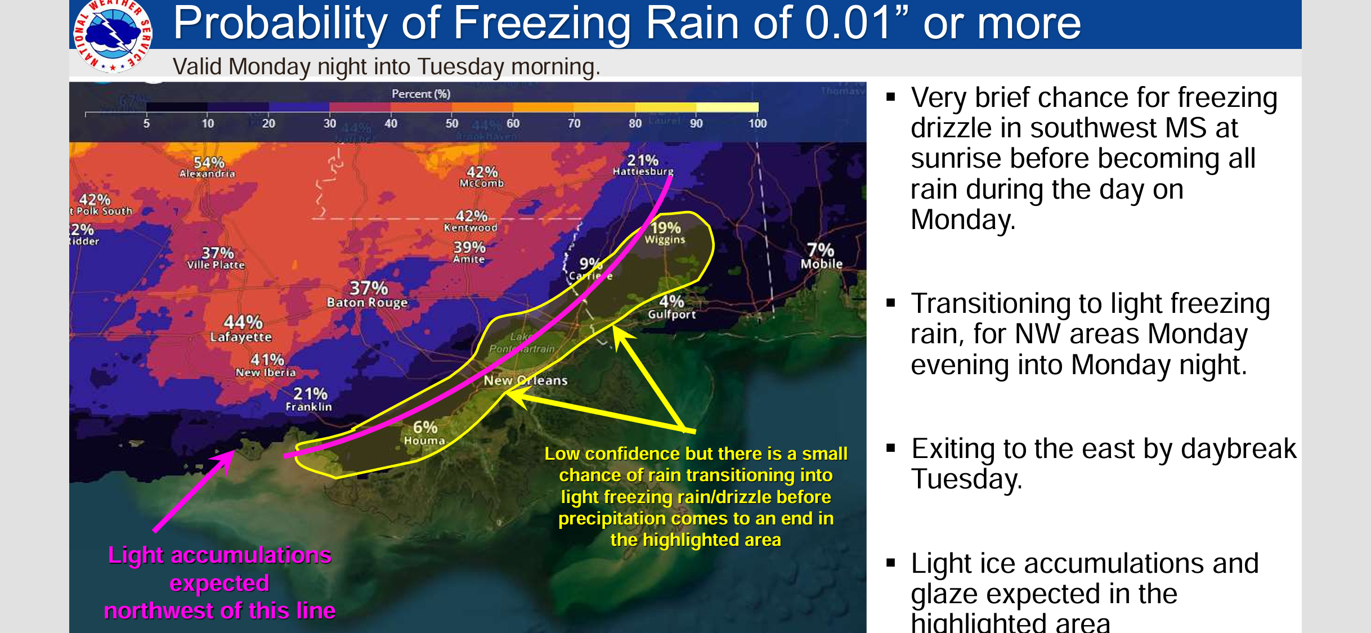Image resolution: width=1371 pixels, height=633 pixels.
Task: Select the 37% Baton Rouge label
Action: coord(368,295)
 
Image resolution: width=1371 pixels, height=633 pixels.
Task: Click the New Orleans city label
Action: coord(526,380)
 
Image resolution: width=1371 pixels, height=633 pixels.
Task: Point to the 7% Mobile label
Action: coord(821,256)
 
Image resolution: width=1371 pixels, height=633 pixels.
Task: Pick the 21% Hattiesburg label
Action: coord(643,165)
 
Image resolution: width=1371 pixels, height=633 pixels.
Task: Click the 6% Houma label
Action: coord(425,433)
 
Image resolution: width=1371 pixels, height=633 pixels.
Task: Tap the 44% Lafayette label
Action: coord(242,329)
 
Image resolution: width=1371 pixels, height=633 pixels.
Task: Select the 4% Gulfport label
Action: coord(671,307)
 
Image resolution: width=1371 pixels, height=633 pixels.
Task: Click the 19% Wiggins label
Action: coord(665,233)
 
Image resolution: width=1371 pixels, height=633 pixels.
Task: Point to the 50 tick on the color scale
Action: coord(452,123)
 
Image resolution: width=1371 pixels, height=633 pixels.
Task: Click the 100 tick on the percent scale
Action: coord(757,123)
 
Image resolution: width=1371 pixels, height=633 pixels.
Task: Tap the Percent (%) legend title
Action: coord(420,94)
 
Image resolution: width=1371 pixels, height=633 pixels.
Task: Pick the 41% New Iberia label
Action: coord(266,365)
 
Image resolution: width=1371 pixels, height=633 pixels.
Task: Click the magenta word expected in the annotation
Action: coord(219,583)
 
